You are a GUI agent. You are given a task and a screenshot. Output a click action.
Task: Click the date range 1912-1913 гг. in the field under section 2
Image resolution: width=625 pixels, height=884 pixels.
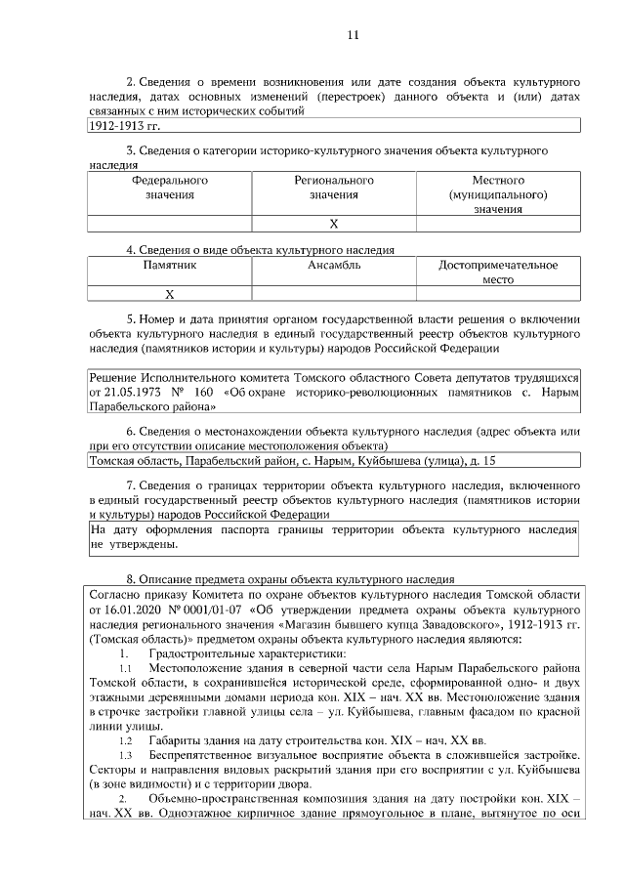(124, 126)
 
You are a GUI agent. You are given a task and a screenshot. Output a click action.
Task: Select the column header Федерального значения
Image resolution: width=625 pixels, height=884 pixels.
(170, 188)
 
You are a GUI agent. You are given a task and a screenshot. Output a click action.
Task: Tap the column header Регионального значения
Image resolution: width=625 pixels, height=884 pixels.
(334, 188)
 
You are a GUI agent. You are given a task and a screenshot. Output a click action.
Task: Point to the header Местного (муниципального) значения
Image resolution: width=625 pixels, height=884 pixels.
(498, 194)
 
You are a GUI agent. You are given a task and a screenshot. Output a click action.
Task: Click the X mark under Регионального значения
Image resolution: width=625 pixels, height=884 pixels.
(334, 224)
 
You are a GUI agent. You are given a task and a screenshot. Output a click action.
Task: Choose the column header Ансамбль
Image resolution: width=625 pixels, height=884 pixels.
(334, 265)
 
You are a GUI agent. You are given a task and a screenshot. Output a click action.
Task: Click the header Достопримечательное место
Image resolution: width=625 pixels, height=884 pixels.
(498, 272)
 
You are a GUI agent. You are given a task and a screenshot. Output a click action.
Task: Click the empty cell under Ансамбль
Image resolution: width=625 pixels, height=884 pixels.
(334, 293)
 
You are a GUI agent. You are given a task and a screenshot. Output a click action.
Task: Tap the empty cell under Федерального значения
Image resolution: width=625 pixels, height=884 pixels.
(170, 224)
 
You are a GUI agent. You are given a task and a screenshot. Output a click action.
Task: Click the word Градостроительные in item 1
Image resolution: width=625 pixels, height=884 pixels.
(203, 652)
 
